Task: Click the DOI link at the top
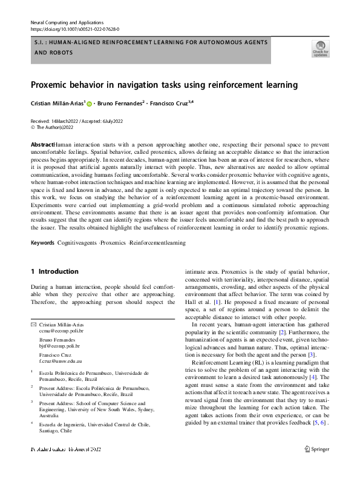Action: (x=74, y=29)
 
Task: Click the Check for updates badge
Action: (x=320, y=48)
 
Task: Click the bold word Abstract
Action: (x=42, y=145)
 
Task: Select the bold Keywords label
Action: (x=42, y=243)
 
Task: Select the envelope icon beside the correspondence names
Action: (x=33, y=326)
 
